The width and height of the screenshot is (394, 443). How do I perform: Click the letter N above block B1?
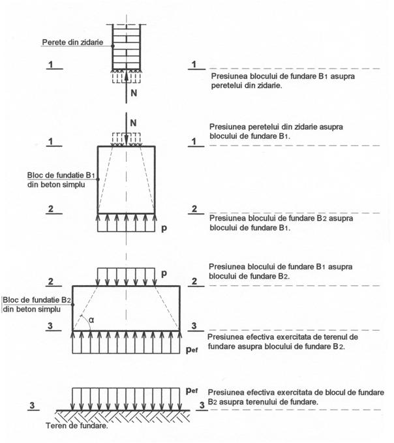[134, 121]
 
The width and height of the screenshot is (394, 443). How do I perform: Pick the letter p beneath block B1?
[164, 229]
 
